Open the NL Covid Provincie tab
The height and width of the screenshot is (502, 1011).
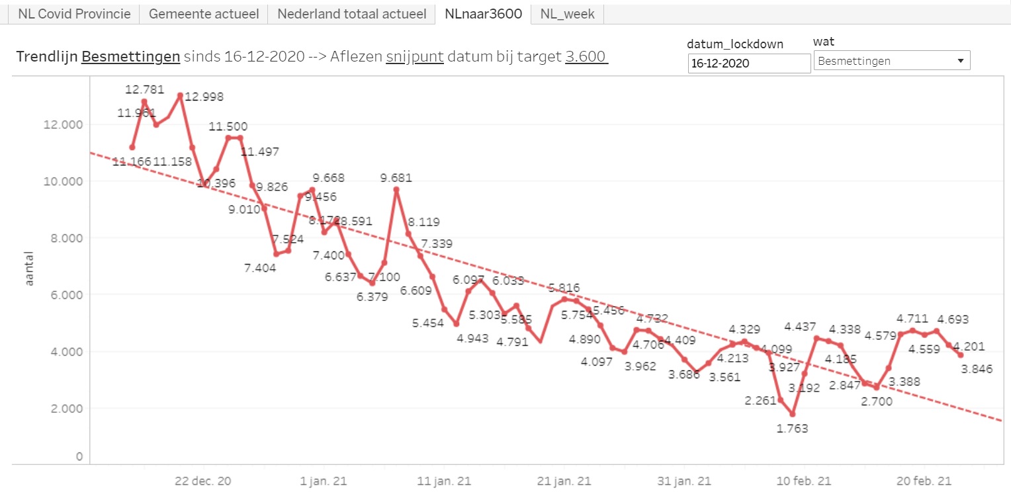click(x=74, y=14)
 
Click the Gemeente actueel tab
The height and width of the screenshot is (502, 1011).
click(x=203, y=14)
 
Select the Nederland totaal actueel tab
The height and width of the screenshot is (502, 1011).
click(x=351, y=14)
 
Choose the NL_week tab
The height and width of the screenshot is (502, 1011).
click(x=567, y=14)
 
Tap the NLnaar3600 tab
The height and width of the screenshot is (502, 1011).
click(x=483, y=14)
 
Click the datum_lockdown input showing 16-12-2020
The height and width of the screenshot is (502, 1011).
click(x=749, y=63)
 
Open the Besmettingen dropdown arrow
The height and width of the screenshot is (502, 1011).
click(x=960, y=61)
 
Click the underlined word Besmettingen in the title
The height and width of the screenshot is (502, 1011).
click(x=131, y=57)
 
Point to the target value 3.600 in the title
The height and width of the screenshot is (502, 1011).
click(x=586, y=57)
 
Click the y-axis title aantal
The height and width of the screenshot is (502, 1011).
click(x=28, y=268)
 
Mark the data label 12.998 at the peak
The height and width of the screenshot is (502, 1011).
click(x=204, y=97)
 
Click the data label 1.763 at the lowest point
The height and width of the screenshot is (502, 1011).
click(x=792, y=428)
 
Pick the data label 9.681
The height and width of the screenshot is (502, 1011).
click(x=396, y=178)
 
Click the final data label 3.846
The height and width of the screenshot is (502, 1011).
click(x=977, y=368)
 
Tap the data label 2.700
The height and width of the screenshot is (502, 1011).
click(x=876, y=401)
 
